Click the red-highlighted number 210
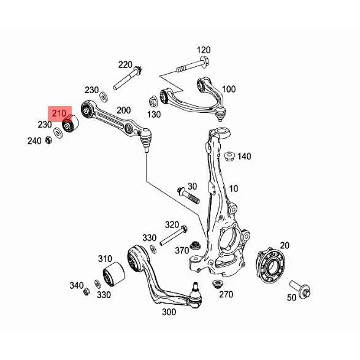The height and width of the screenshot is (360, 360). tap(59, 113)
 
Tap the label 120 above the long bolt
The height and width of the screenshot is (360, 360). tap(204, 50)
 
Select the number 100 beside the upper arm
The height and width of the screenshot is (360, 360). tap(229, 89)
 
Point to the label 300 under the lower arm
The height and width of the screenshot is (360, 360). tap(169, 312)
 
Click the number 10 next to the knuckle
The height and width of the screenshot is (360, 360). tap(234, 189)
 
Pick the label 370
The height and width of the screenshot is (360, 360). tap(182, 250)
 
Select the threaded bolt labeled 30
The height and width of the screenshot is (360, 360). tap(188, 196)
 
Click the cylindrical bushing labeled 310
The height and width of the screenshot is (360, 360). tap(113, 274)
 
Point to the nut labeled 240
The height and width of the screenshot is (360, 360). tap(48, 140)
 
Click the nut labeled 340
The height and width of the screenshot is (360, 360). tap(86, 291)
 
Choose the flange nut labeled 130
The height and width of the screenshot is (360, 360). tap(153, 102)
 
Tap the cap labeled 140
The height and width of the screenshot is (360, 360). tap(229, 156)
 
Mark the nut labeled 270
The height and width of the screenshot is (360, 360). tap(216, 285)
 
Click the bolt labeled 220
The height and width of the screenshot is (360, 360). tap(128, 78)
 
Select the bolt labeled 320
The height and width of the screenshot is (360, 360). tap(174, 236)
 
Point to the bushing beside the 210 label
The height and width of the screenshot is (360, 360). tap(71, 123)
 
